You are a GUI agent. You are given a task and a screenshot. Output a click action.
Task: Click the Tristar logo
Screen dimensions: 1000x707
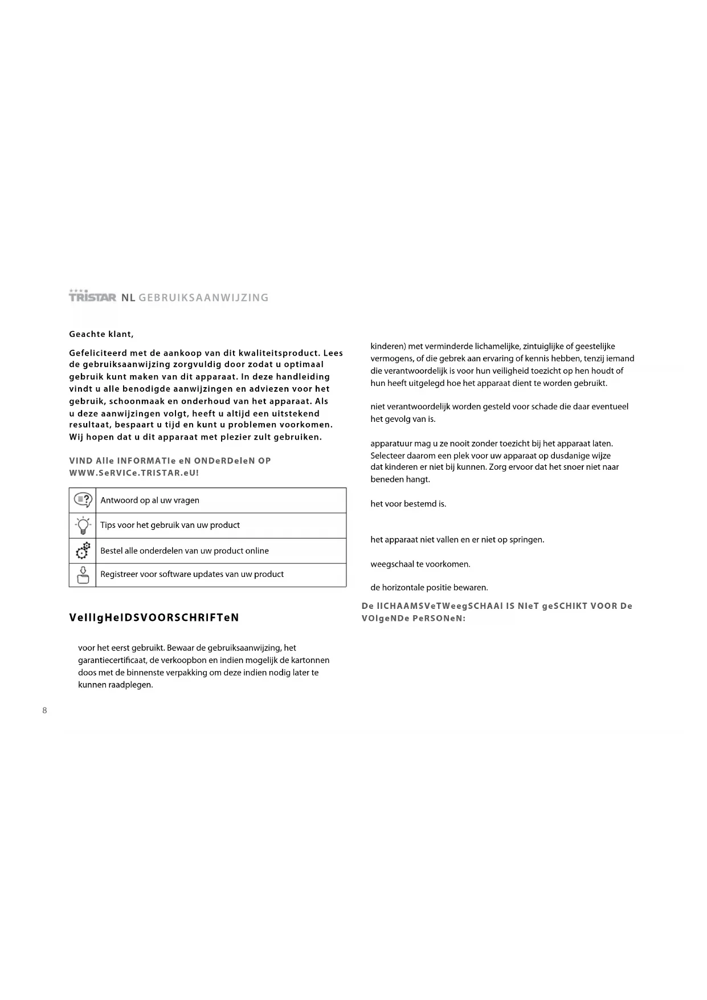point(92,296)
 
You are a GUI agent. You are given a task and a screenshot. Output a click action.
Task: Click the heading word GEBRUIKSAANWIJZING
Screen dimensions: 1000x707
point(203,298)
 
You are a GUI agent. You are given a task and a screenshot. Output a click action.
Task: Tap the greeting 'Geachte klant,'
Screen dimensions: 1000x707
point(101,334)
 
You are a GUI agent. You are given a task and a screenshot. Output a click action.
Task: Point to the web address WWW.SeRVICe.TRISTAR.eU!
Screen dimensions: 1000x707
point(134,473)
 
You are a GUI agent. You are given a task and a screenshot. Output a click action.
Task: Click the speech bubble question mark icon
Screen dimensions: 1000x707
point(83,501)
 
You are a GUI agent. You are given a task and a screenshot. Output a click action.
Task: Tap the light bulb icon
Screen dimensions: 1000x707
point(83,525)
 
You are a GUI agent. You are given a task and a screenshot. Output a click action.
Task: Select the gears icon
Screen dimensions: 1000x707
point(83,551)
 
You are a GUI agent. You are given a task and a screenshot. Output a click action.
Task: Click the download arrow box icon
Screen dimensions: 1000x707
point(83,575)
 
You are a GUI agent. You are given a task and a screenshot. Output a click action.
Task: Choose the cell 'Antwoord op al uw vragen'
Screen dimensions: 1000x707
point(150,501)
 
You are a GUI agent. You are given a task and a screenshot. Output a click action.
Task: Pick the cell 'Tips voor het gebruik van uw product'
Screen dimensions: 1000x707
point(170,525)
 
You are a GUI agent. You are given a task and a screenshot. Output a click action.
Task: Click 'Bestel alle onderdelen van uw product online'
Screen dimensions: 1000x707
point(184,551)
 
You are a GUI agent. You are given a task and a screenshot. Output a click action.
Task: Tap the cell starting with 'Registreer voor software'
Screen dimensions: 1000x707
point(191,574)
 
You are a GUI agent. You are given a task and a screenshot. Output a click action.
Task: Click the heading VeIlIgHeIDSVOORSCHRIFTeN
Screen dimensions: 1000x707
point(154,617)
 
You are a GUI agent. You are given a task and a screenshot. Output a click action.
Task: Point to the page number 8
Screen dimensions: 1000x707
point(44,710)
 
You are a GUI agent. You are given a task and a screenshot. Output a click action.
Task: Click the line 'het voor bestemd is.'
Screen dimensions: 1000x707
point(408,504)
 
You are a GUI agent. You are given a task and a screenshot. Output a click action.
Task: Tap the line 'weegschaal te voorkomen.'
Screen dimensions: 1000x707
point(420,564)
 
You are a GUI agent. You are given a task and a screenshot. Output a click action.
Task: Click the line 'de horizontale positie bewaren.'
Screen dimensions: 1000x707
point(429,588)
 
